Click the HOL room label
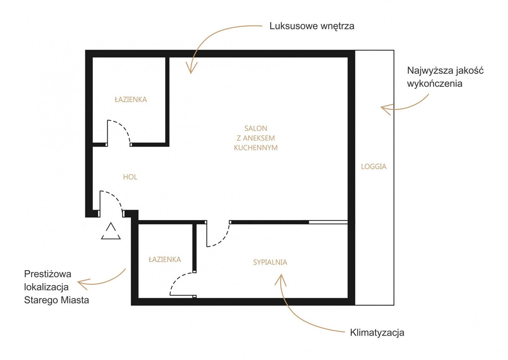pos(130,177)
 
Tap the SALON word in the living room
pos(255,128)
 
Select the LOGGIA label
pos(374,166)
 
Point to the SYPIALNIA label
pos(270,262)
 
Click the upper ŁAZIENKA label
pos(131,99)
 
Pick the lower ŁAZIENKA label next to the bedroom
pos(165,259)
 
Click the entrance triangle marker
pos(111,231)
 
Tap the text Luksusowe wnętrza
pos(312,26)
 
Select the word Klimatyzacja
pos(377,332)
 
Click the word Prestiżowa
pos(48,274)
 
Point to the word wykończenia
pos(435,83)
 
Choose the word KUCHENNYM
pos(255,147)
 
